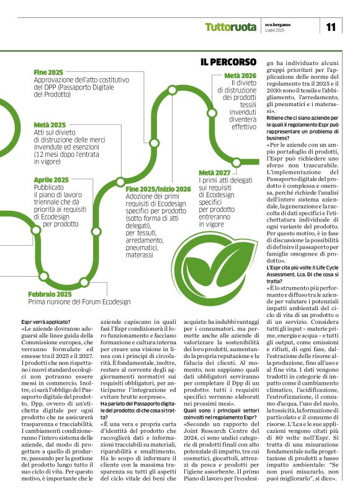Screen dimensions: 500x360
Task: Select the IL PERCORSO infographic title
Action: coord(228,62)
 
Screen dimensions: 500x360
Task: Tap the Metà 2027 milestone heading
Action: coord(214,172)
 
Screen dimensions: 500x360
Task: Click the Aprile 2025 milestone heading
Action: coord(52,179)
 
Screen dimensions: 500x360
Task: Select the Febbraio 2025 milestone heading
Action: coord(50,294)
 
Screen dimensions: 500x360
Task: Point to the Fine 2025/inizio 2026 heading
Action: coord(158,189)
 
